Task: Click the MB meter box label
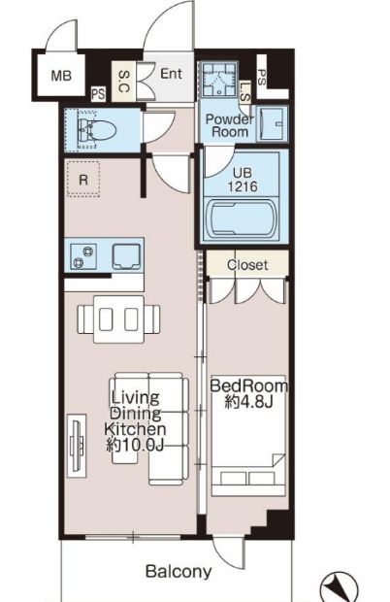point(61,76)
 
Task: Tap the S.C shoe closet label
point(124,82)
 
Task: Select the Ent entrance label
point(171,74)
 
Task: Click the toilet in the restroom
point(96,130)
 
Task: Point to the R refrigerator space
point(83,180)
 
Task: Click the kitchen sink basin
point(126,256)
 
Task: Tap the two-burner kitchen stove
point(83,256)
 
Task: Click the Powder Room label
point(229,125)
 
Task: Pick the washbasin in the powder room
point(272,124)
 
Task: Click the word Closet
point(247,264)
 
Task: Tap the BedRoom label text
point(248,385)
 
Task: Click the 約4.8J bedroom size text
point(248,401)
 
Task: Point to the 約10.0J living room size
point(135,445)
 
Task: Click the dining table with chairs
point(119,319)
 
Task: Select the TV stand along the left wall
point(77,446)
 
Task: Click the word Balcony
point(179,572)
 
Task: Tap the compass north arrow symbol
point(339,587)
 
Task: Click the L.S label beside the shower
point(244,92)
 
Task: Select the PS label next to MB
point(98,94)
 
